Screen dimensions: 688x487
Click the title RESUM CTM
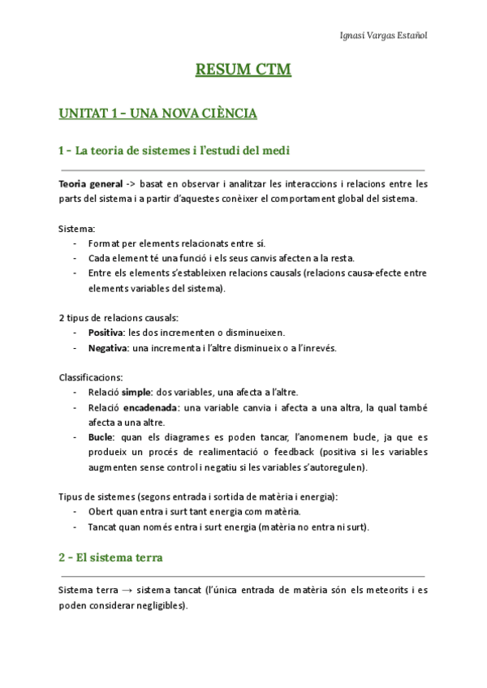pyautogui.click(x=243, y=71)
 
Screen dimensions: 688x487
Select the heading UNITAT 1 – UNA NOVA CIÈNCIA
pyautogui.click(x=157, y=113)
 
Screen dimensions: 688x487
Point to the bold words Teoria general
pyautogui.click(x=91, y=184)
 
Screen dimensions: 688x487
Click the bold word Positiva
pyautogui.click(x=106, y=333)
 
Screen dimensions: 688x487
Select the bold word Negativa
pyautogui.click(x=108, y=348)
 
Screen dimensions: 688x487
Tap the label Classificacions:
pyautogui.click(x=91, y=377)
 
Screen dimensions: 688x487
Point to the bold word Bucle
pyautogui.click(x=102, y=437)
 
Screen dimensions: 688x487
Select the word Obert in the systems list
pyautogui.click(x=101, y=511)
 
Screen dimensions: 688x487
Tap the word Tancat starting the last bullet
pyautogui.click(x=104, y=527)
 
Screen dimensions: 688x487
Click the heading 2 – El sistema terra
pyautogui.click(x=110, y=557)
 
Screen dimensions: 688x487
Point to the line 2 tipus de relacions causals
pyautogui.click(x=119, y=317)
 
